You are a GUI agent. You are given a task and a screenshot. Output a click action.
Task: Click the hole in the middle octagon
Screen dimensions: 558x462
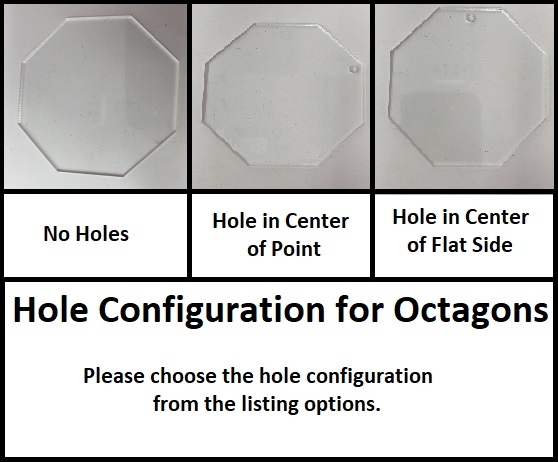[x=354, y=69]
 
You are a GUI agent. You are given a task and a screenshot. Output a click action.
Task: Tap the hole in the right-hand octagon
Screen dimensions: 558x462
[x=471, y=18]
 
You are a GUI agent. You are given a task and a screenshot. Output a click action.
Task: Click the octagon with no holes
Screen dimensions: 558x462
[x=98, y=96]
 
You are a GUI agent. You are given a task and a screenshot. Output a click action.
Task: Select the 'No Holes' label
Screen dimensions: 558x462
[x=86, y=234]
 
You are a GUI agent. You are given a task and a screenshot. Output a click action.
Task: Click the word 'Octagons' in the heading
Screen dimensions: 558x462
[x=471, y=310]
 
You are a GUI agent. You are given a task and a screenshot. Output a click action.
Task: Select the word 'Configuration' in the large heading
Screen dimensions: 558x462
[x=211, y=310]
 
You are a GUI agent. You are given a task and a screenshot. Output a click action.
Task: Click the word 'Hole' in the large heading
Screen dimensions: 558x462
[x=50, y=309]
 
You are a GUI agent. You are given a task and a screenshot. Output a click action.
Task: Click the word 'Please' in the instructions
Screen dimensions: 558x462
[x=114, y=376]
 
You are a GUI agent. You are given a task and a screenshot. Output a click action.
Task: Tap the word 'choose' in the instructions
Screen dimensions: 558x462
[x=183, y=376]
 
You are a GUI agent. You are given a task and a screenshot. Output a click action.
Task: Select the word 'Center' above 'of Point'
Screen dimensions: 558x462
[x=317, y=221]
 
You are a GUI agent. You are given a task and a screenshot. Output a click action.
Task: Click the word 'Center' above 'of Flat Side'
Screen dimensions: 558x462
[x=497, y=217]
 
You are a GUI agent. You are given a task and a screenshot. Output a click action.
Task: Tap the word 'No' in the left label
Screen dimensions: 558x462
[x=56, y=234]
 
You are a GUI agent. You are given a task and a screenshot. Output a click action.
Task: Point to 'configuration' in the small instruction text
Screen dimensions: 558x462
[x=369, y=377]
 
